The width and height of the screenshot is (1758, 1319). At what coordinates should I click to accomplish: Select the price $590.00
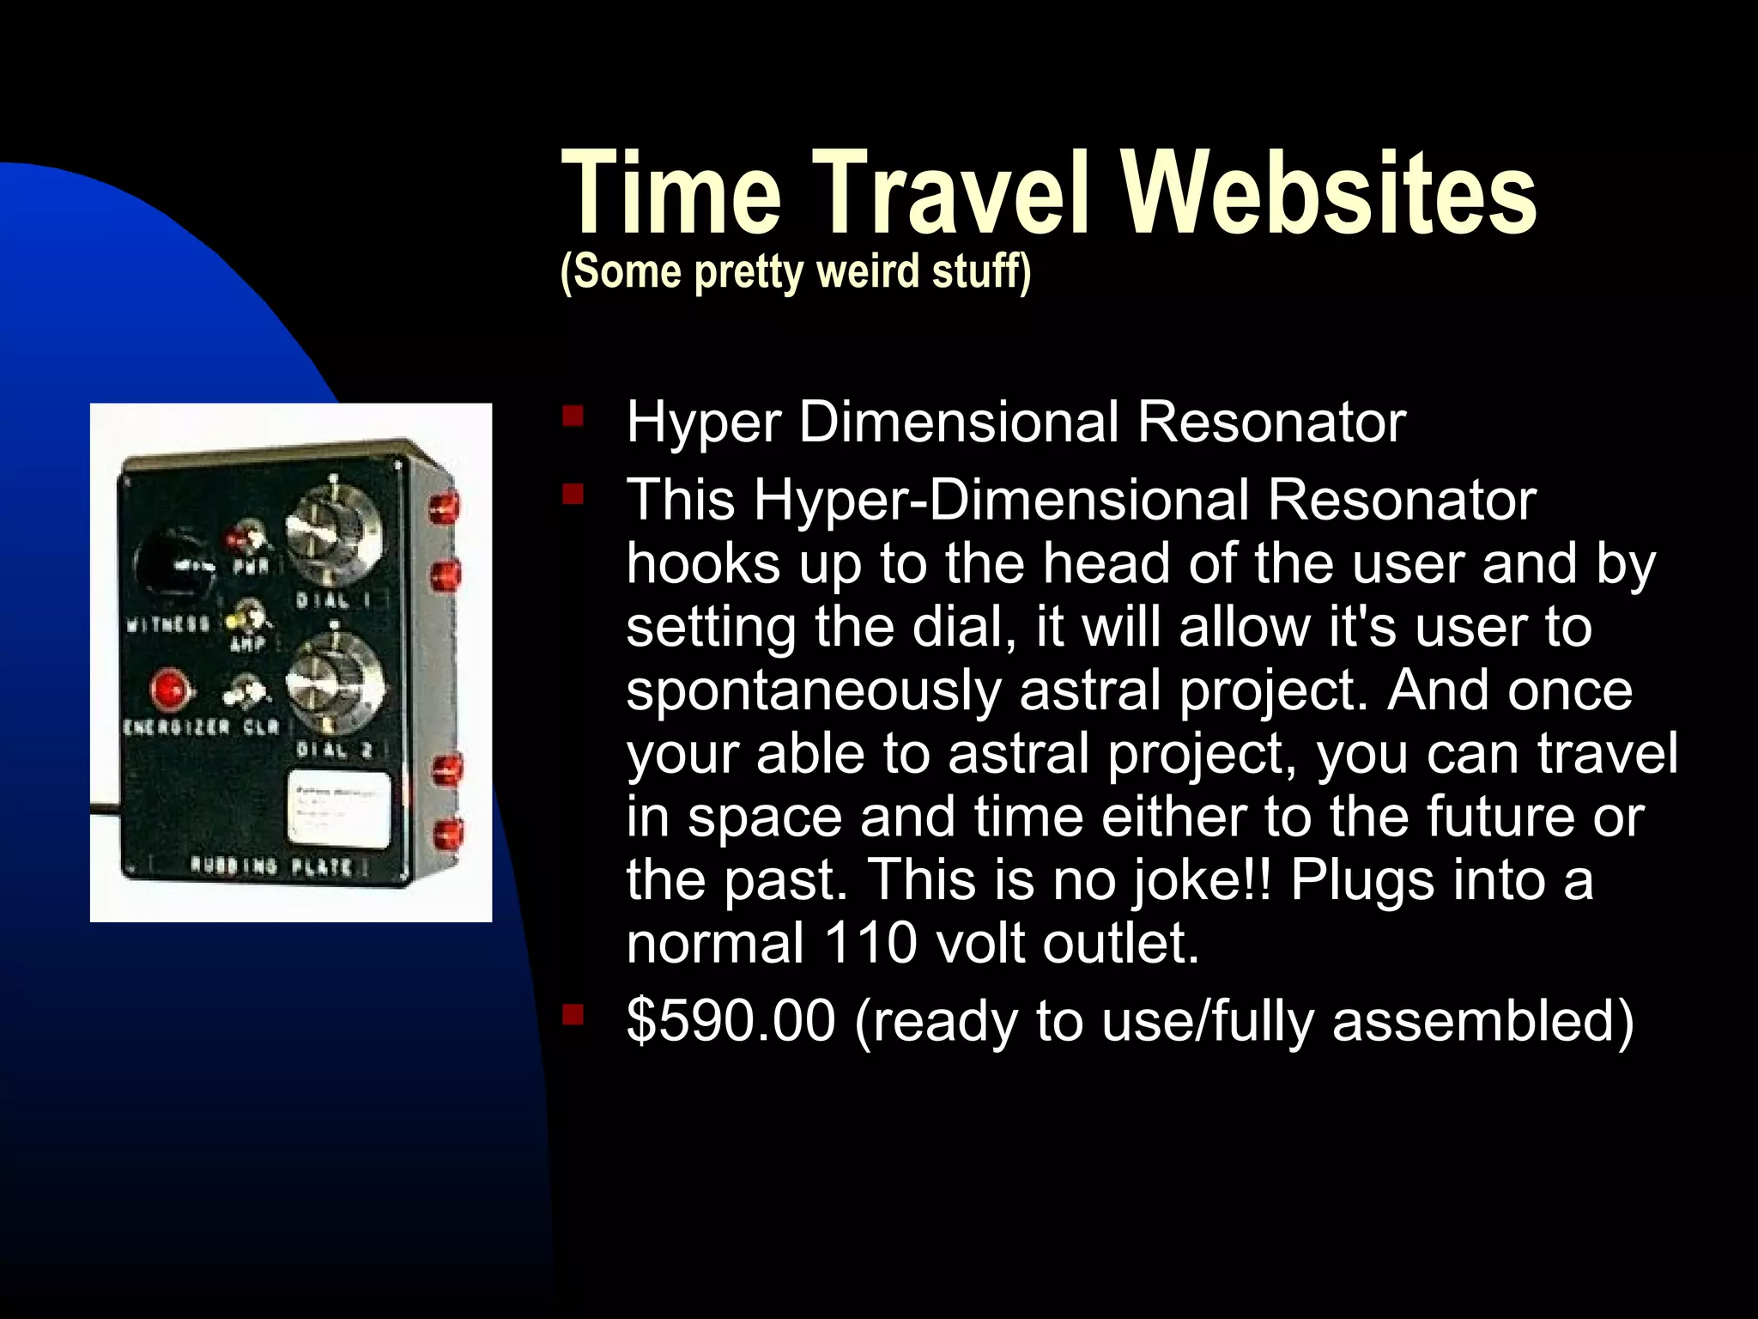point(730,1021)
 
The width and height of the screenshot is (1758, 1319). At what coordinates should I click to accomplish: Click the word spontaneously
point(812,690)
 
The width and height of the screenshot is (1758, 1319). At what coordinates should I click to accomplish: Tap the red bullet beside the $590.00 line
point(573,1017)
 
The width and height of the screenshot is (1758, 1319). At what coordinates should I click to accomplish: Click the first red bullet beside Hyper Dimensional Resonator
point(573,418)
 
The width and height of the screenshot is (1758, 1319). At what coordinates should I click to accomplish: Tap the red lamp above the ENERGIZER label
point(168,689)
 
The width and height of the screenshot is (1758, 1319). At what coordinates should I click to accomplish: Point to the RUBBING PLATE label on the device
point(271,866)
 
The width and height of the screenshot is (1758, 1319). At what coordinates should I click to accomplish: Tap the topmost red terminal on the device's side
point(446,508)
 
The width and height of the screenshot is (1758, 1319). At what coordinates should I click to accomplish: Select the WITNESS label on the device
point(168,624)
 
